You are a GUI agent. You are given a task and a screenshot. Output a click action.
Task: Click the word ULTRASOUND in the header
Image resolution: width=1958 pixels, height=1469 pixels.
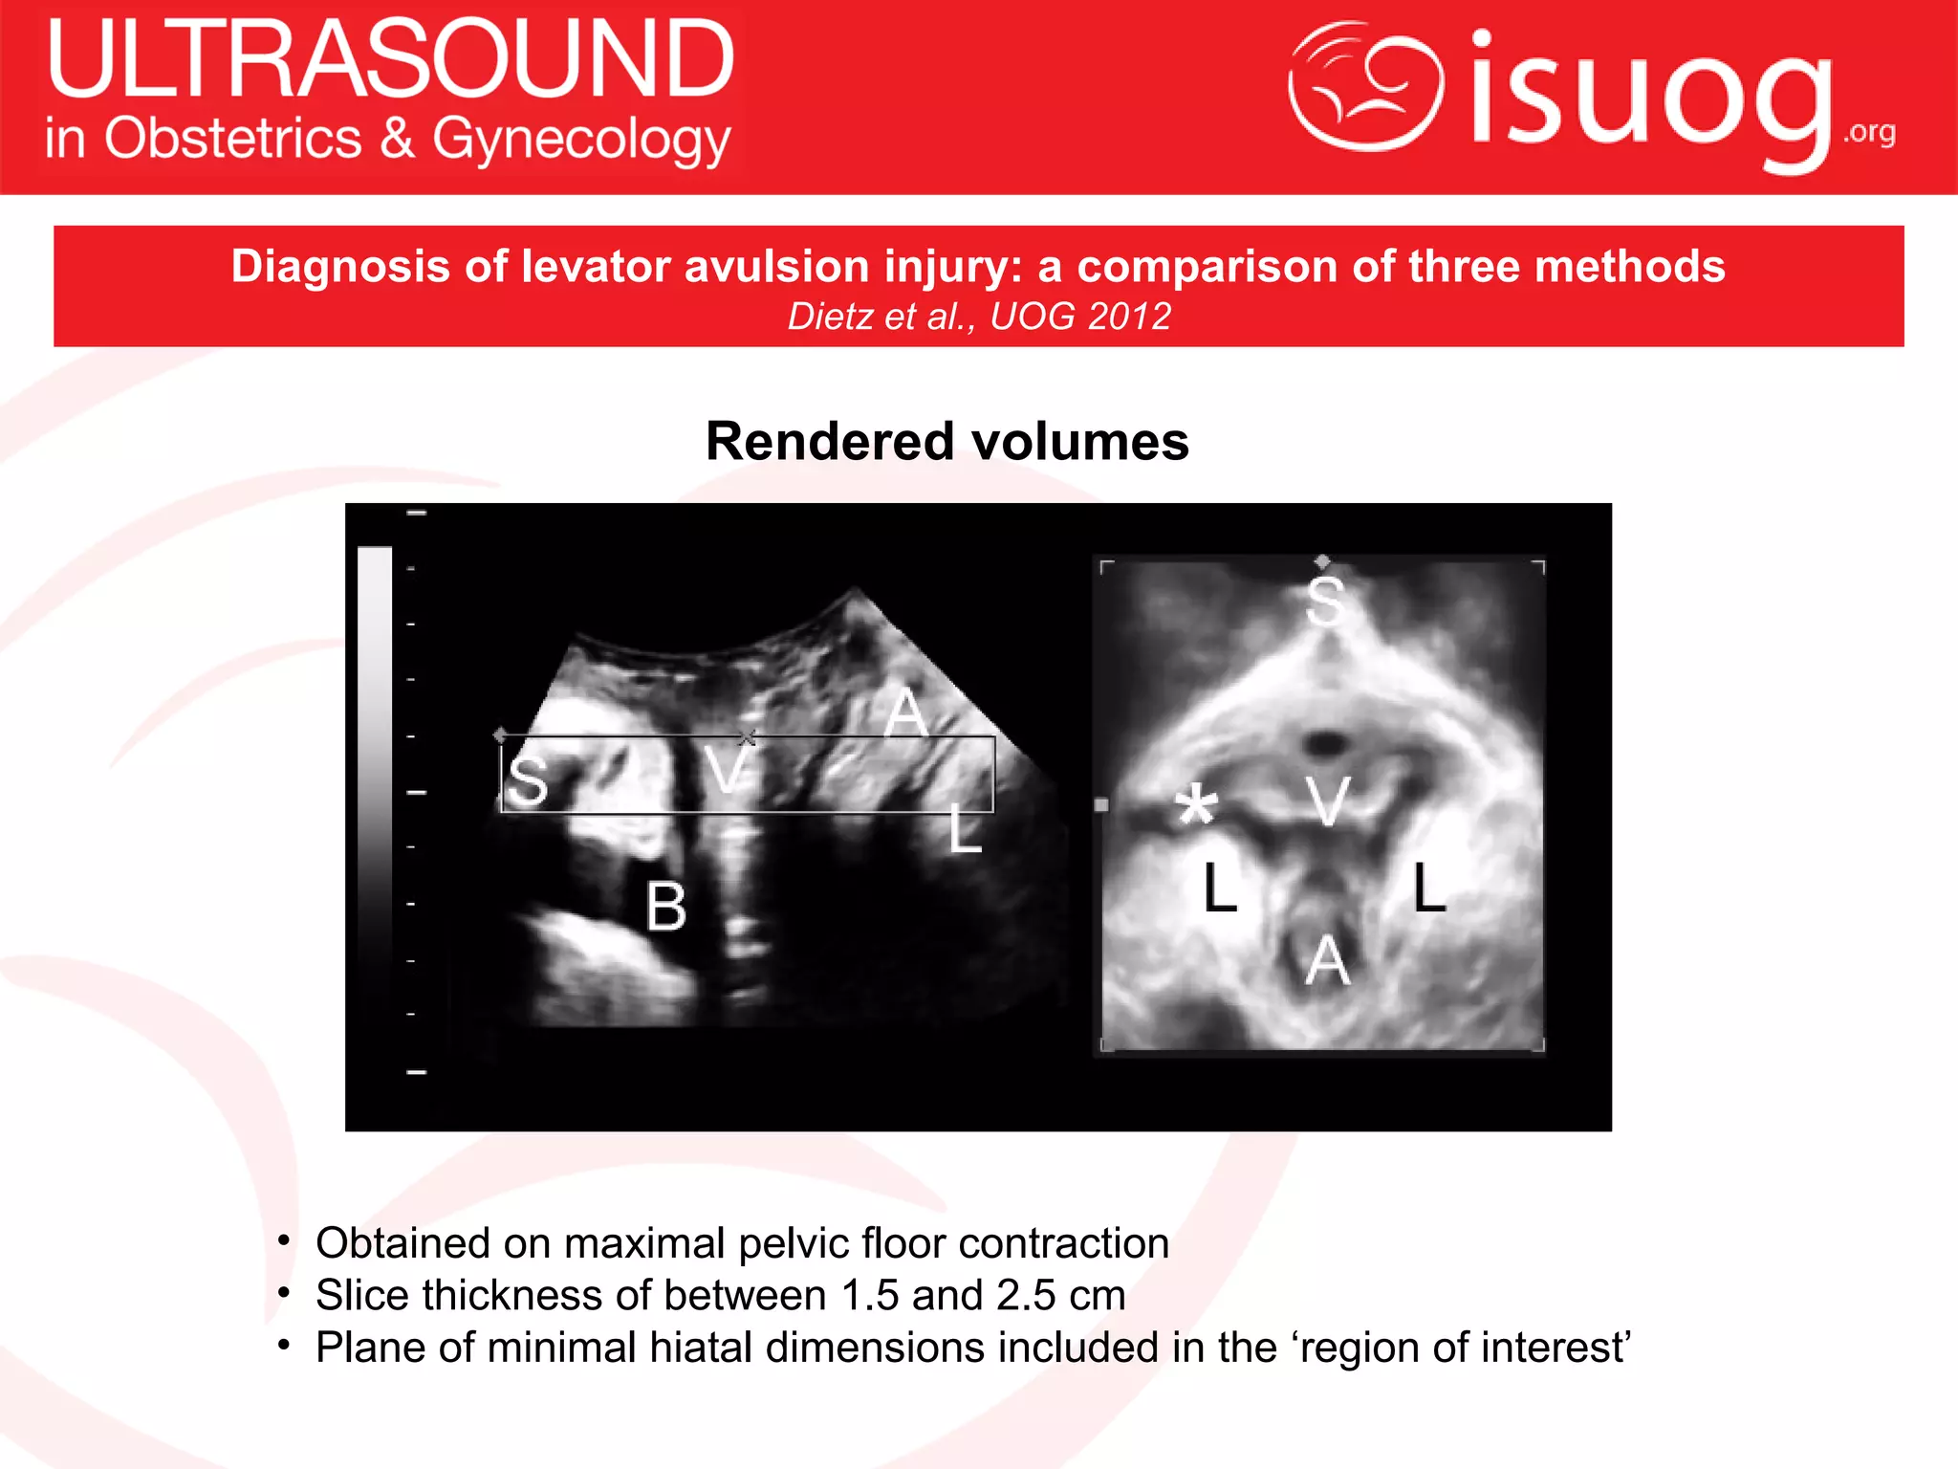pos(390,59)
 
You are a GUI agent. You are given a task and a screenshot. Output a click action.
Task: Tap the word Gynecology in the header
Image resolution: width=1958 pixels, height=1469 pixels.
pos(581,140)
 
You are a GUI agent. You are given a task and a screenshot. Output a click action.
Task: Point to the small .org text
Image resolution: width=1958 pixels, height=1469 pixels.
pos(1869,132)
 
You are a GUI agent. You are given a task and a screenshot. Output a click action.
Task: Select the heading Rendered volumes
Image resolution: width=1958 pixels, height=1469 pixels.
pos(946,442)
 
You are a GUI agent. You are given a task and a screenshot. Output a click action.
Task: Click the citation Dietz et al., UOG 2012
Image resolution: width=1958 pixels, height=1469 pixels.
pos(979,317)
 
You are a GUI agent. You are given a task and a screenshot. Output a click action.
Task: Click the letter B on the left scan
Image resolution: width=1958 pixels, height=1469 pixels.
pos(665,906)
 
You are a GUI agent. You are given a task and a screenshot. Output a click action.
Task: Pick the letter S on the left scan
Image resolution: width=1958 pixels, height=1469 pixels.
pos(528,781)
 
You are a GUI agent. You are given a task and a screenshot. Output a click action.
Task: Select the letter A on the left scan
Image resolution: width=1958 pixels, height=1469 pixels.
pos(904,713)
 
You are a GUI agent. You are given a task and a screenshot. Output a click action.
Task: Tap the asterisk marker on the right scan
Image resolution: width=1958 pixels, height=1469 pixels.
pos(1196,805)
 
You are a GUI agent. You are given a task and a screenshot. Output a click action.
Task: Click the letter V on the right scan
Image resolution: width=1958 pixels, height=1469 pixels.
pos(1329,801)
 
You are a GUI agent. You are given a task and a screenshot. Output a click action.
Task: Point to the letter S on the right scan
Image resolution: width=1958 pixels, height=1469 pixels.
pos(1325,602)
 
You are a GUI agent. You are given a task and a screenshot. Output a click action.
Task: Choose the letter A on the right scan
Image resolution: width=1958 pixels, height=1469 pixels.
pos(1328,960)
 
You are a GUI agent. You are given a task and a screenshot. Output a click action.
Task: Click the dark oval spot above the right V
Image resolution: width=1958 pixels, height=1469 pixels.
pos(1325,741)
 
